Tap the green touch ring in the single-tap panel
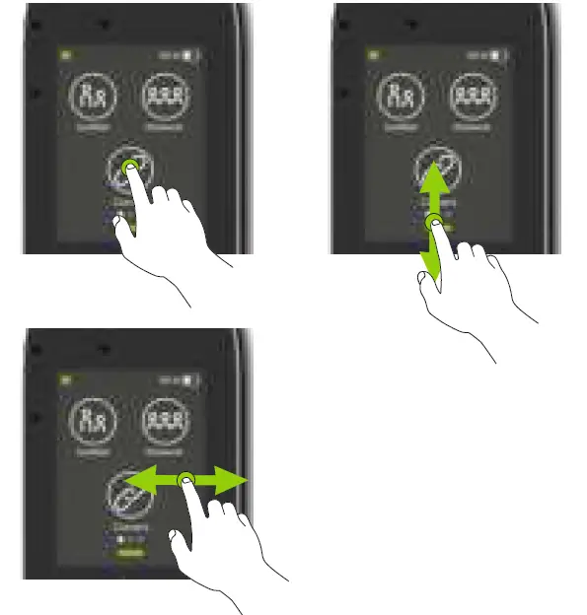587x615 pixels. point(129,171)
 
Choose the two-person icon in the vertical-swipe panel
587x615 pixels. point(399,99)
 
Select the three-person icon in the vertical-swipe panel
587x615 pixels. point(474,99)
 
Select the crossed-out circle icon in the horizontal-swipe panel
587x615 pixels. point(126,496)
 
